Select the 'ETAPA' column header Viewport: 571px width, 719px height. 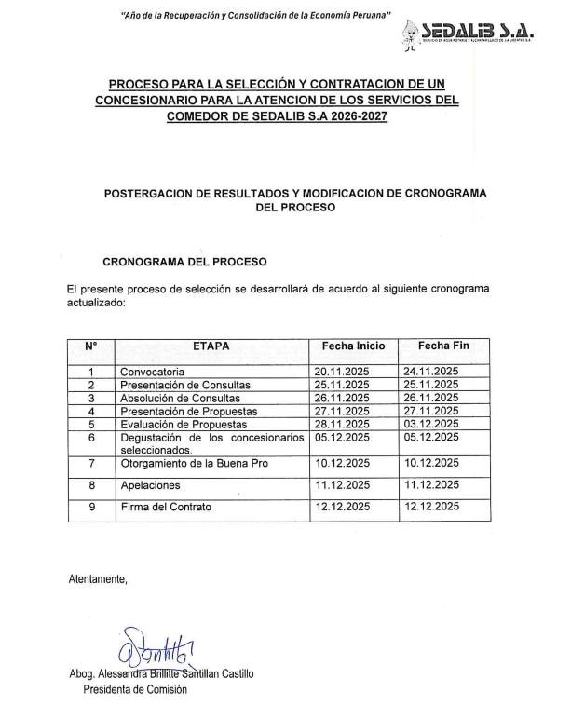pyautogui.click(x=211, y=346)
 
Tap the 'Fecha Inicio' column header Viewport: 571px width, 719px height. pyautogui.click(x=353, y=346)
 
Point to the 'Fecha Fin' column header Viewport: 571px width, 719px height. pyautogui.click(x=443, y=346)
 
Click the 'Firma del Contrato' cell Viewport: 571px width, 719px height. pyautogui.click(x=166, y=508)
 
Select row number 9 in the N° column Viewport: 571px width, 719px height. pyautogui.click(x=91, y=508)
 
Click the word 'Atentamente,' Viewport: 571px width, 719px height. pyautogui.click(x=98, y=579)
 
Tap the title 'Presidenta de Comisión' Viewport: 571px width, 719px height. pyautogui.click(x=135, y=690)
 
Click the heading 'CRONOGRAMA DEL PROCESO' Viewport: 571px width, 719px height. pyautogui.click(x=184, y=262)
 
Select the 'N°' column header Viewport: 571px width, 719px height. pyautogui.click(x=91, y=346)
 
